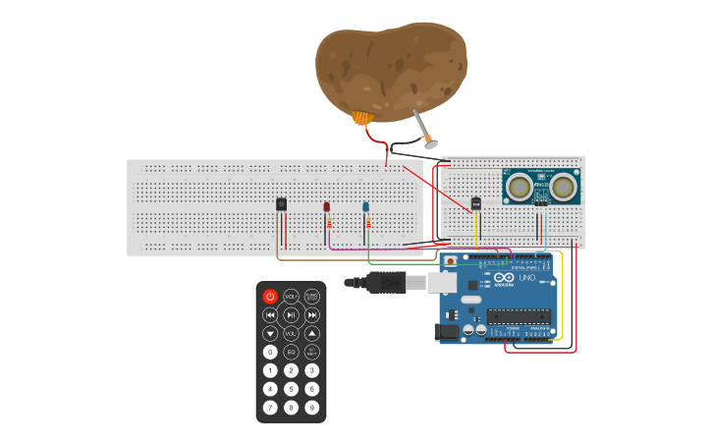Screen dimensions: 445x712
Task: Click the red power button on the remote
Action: point(270,296)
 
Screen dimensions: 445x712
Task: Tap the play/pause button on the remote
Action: point(291,314)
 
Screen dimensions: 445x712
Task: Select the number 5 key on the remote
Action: point(291,389)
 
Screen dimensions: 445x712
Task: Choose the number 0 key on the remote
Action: point(270,352)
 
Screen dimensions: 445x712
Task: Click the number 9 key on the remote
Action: point(311,408)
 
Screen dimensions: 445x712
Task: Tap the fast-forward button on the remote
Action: point(312,314)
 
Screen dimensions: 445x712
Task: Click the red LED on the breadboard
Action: point(327,207)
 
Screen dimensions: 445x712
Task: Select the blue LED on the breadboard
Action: point(366,207)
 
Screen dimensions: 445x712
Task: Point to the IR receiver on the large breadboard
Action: point(282,203)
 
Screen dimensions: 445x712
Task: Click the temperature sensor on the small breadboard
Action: point(476,203)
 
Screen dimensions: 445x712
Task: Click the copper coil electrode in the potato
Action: point(363,119)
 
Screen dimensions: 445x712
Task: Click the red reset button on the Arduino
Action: point(451,262)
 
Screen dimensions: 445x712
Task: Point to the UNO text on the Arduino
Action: point(527,279)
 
